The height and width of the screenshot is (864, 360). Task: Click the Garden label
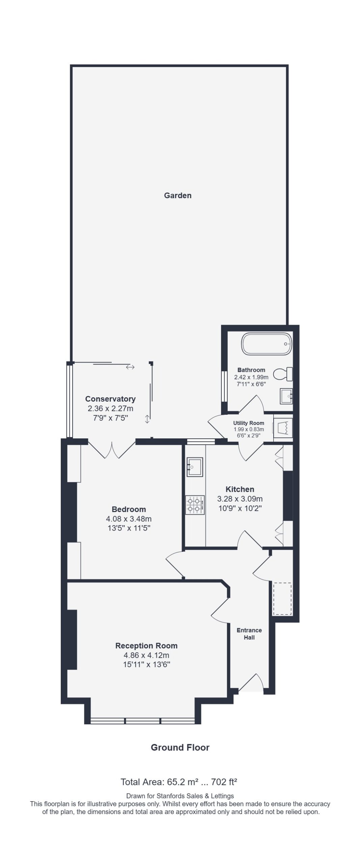pos(177,195)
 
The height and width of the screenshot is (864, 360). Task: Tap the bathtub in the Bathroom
pos(266,344)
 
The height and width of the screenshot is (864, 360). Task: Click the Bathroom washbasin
pos(286,396)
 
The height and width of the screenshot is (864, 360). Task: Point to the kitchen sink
pos(195,467)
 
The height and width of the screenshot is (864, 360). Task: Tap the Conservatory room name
pos(110,399)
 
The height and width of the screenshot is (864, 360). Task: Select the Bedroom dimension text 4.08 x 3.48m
pos(129,519)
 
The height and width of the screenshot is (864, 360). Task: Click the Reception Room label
pos(146,646)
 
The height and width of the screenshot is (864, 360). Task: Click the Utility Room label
pos(249,423)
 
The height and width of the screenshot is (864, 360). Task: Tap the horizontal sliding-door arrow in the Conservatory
pos(130,367)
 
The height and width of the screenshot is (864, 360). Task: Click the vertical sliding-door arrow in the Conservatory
pos(147,419)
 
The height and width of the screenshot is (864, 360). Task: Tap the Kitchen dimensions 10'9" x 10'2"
pos(240,508)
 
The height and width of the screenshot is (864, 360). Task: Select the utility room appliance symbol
pos(282,428)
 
